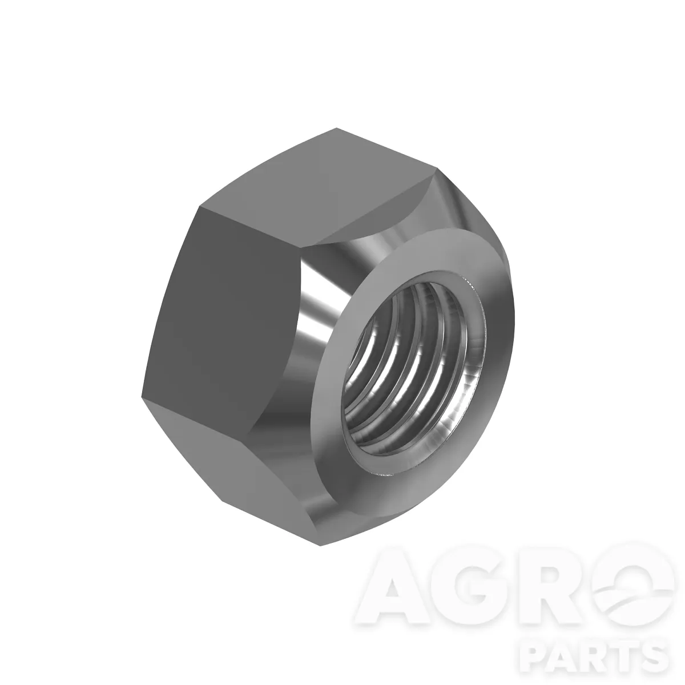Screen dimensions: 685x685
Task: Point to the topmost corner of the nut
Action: pos(336,128)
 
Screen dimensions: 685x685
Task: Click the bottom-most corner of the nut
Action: pos(320,546)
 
